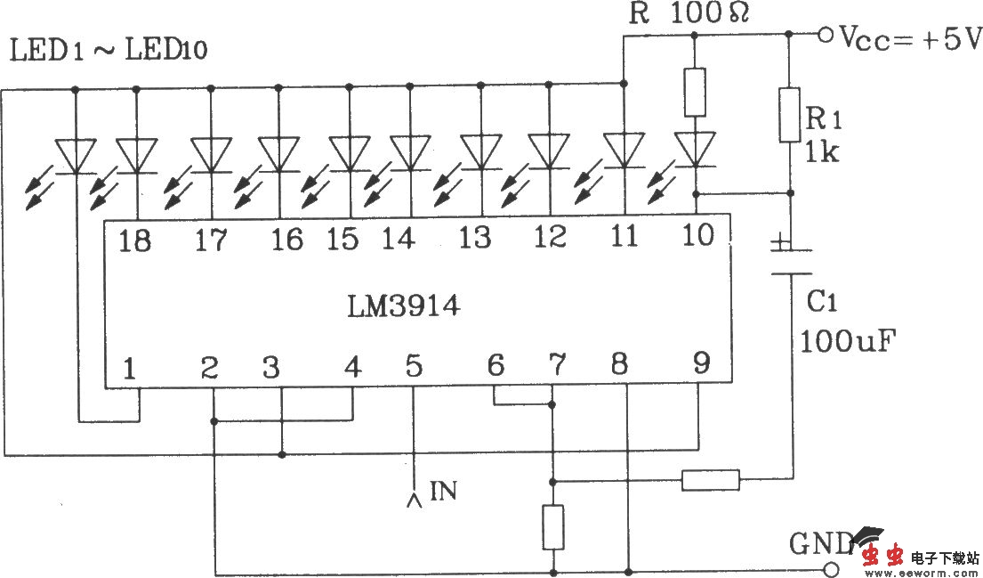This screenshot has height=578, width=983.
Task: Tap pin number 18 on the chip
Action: pos(135,240)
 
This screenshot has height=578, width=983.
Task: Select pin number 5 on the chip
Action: pos(414,366)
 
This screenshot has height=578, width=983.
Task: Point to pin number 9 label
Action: pos(702,364)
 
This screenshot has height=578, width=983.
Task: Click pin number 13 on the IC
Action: pos(475,238)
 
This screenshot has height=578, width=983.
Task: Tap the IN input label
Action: pos(443,490)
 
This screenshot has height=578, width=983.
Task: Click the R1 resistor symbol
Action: pos(789,114)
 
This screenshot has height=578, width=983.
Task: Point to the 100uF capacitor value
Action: pos(848,340)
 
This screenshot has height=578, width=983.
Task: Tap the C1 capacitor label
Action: pos(822,303)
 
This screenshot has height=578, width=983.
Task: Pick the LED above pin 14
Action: pos(410,153)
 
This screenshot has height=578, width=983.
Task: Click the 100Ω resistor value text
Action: pos(710,13)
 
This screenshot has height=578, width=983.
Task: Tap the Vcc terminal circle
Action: pos(825,36)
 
